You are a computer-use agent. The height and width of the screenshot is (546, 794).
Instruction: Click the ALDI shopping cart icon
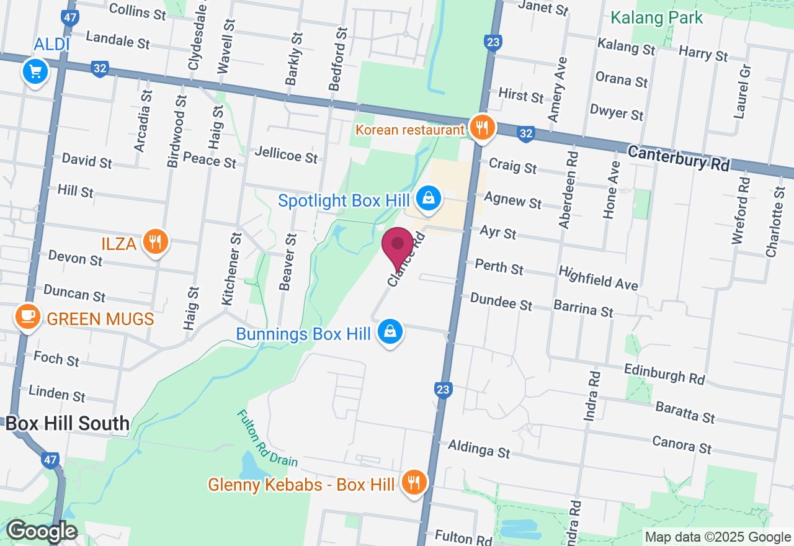(x=35, y=72)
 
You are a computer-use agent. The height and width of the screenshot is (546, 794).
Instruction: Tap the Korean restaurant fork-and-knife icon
(x=481, y=128)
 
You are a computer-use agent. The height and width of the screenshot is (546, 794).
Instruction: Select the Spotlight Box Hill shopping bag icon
(x=428, y=199)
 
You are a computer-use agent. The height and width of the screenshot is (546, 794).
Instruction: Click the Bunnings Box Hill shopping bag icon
(x=390, y=331)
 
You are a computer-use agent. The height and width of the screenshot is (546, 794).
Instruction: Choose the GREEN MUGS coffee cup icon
(x=27, y=317)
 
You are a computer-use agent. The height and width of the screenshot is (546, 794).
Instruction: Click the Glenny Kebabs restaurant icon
(x=413, y=482)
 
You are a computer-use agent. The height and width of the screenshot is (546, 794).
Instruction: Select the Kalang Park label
(x=657, y=17)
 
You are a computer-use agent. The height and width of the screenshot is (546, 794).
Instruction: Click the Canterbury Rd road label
(x=679, y=159)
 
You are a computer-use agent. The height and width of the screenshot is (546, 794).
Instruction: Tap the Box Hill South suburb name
(x=67, y=424)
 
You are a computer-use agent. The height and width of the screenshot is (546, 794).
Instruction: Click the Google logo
(x=41, y=532)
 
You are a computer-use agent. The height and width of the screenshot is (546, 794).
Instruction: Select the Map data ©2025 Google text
(x=718, y=537)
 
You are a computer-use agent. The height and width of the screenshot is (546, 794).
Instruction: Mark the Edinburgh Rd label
(x=664, y=373)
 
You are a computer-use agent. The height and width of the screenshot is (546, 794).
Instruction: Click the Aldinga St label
(x=479, y=448)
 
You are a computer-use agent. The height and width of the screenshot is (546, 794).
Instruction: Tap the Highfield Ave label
(x=598, y=278)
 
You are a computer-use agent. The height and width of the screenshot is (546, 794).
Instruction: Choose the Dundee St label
(x=501, y=302)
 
